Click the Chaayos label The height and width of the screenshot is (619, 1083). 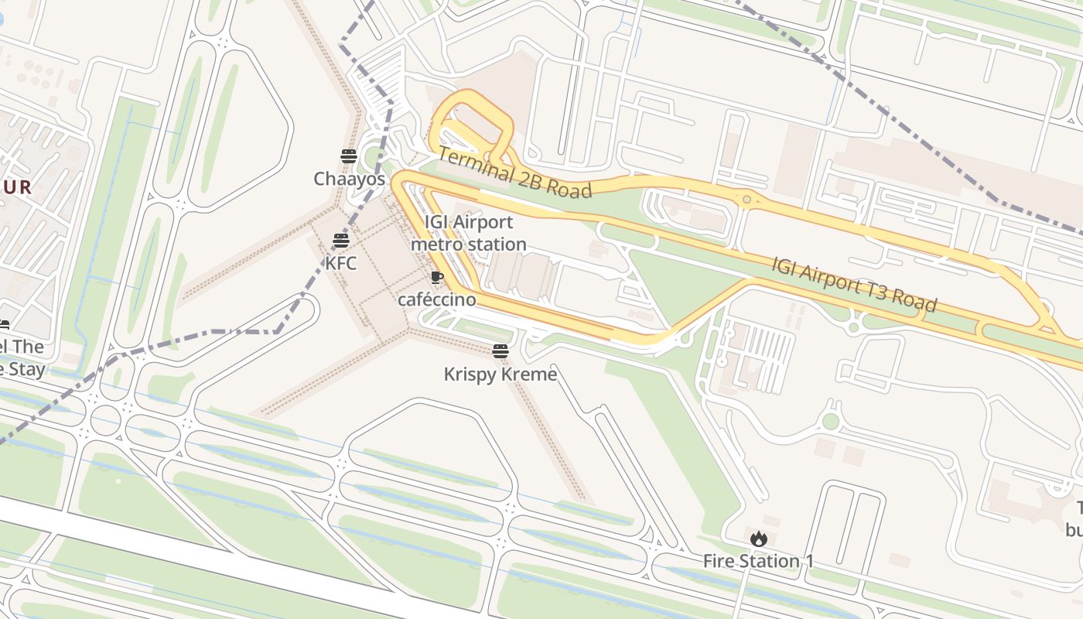(349, 179)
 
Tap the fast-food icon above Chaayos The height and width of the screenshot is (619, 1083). (348, 156)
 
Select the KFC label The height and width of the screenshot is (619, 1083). (340, 263)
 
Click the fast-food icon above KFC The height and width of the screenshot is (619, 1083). (340, 241)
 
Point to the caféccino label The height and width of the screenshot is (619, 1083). (436, 299)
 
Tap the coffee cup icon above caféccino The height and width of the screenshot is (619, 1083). (436, 278)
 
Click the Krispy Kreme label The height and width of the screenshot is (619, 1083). (500, 374)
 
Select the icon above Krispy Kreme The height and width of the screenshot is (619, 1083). (500, 352)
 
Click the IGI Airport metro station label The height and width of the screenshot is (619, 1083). (468, 233)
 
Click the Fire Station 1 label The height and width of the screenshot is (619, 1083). (758, 561)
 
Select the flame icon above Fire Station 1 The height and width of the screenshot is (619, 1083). (758, 539)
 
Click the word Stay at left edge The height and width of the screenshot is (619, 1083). (27, 369)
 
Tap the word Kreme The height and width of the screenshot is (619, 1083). (530, 374)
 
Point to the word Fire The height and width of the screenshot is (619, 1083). (719, 561)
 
